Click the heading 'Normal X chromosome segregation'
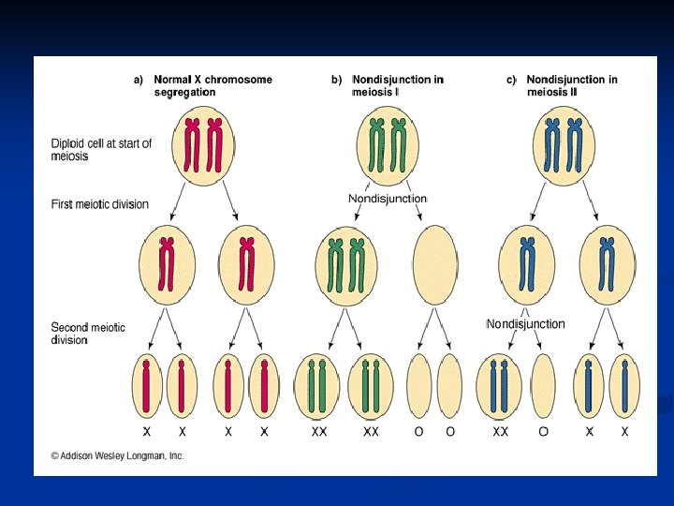point(212,85)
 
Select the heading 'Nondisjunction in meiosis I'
point(397,85)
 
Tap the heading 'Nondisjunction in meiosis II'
point(571,85)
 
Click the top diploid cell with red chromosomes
point(205,147)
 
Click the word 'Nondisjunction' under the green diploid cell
point(388,199)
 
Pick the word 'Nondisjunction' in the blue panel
point(525,324)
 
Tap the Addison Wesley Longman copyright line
point(117,455)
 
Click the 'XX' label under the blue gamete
point(500,432)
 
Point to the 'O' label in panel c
point(544,432)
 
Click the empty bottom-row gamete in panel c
point(544,385)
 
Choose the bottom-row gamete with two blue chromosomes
point(500,385)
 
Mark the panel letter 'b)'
point(336,80)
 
